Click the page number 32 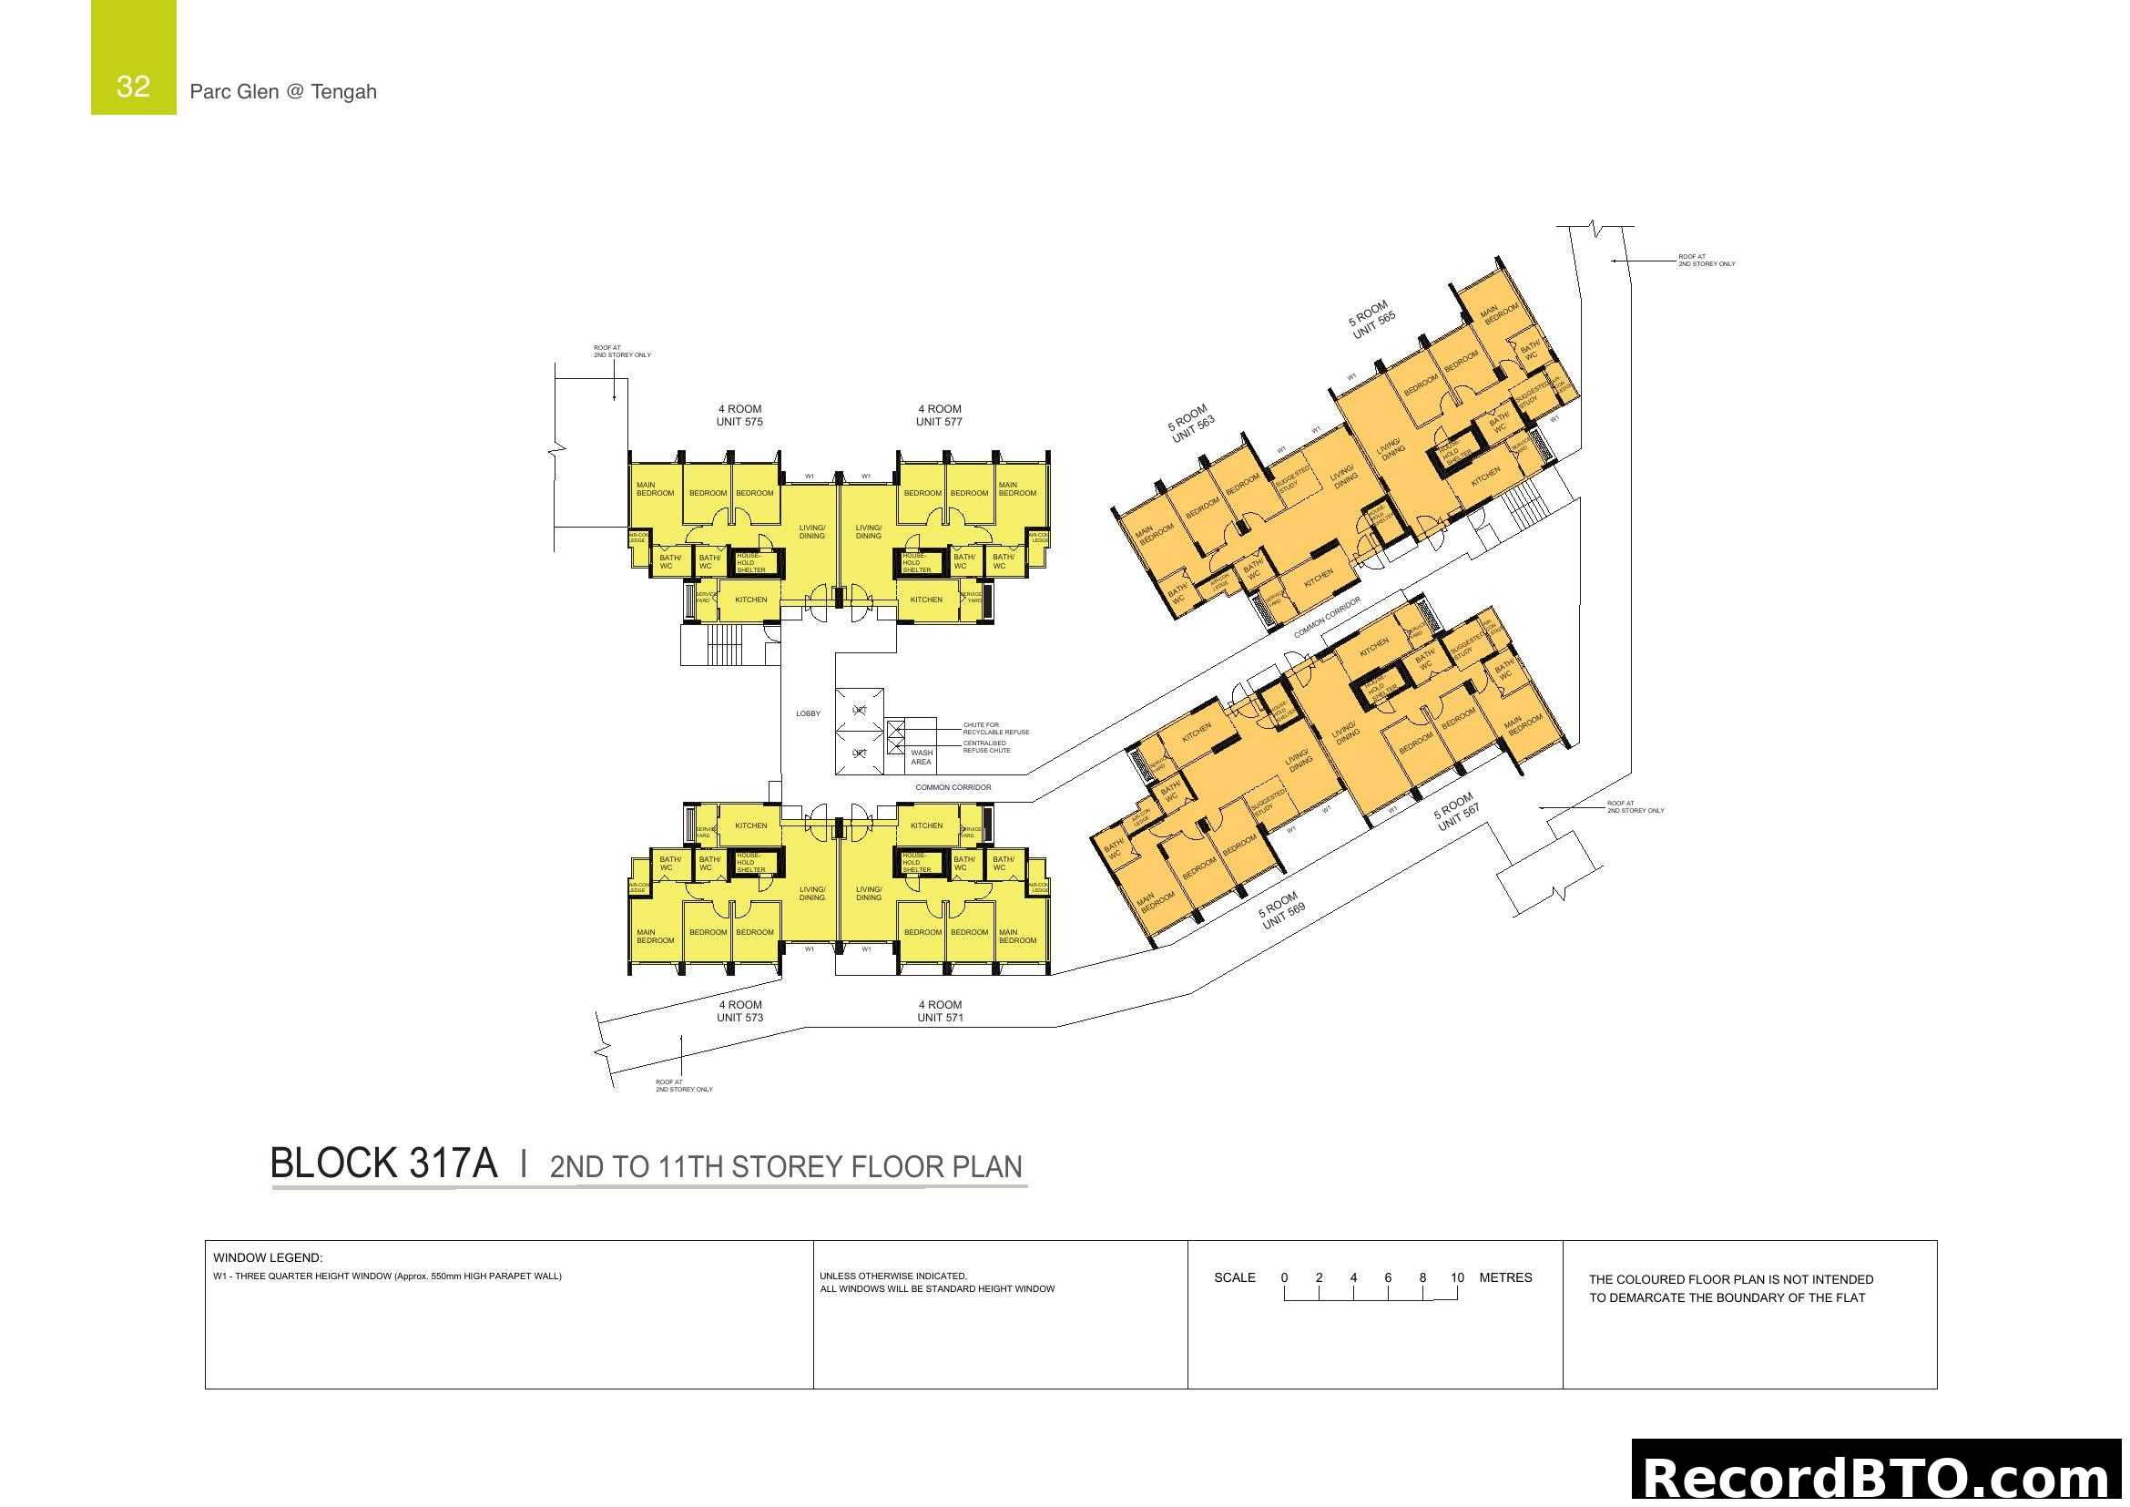[133, 87]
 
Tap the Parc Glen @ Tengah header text [283, 92]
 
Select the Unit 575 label [739, 421]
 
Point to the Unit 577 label [939, 421]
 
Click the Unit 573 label [739, 1017]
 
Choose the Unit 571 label [940, 1017]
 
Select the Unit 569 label [1283, 916]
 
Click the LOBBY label [808, 713]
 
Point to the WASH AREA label [922, 757]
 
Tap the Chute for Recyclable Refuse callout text [995, 729]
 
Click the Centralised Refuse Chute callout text [986, 746]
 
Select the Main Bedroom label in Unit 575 [655, 489]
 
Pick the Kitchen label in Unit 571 [926, 825]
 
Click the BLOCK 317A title [383, 1164]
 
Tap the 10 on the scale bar [1456, 1277]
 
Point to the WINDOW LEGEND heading [267, 1257]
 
